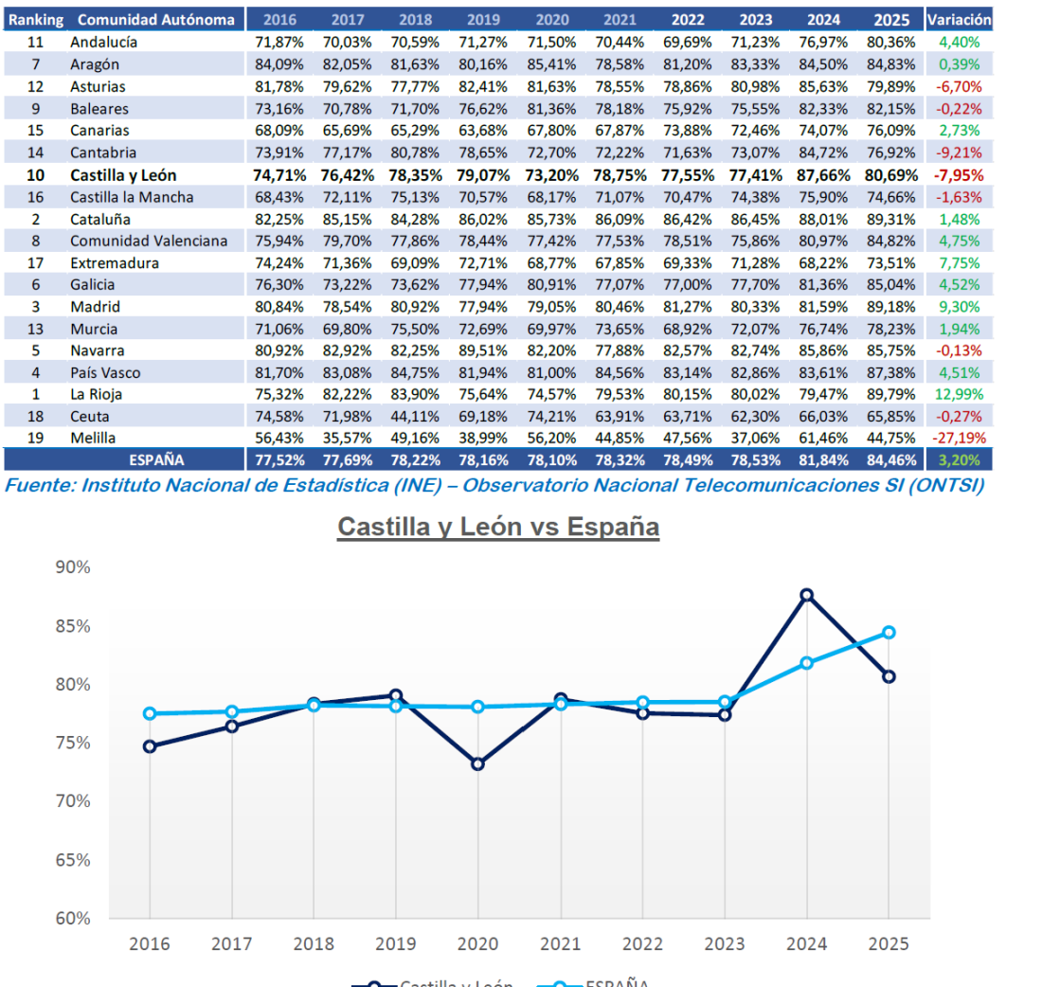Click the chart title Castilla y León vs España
click(498, 527)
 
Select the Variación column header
click(959, 19)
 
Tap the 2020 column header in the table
click(552, 20)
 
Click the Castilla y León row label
click(123, 175)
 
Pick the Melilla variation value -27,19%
click(959, 438)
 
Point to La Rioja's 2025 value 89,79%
click(889, 394)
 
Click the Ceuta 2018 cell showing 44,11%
click(415, 416)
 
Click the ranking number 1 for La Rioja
click(36, 394)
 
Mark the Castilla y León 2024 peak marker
click(806, 595)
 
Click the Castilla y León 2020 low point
click(477, 763)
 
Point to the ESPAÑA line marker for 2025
click(889, 632)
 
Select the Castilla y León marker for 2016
click(150, 746)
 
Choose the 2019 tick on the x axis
click(396, 944)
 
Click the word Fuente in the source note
click(40, 486)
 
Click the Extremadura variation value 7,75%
click(959, 263)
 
